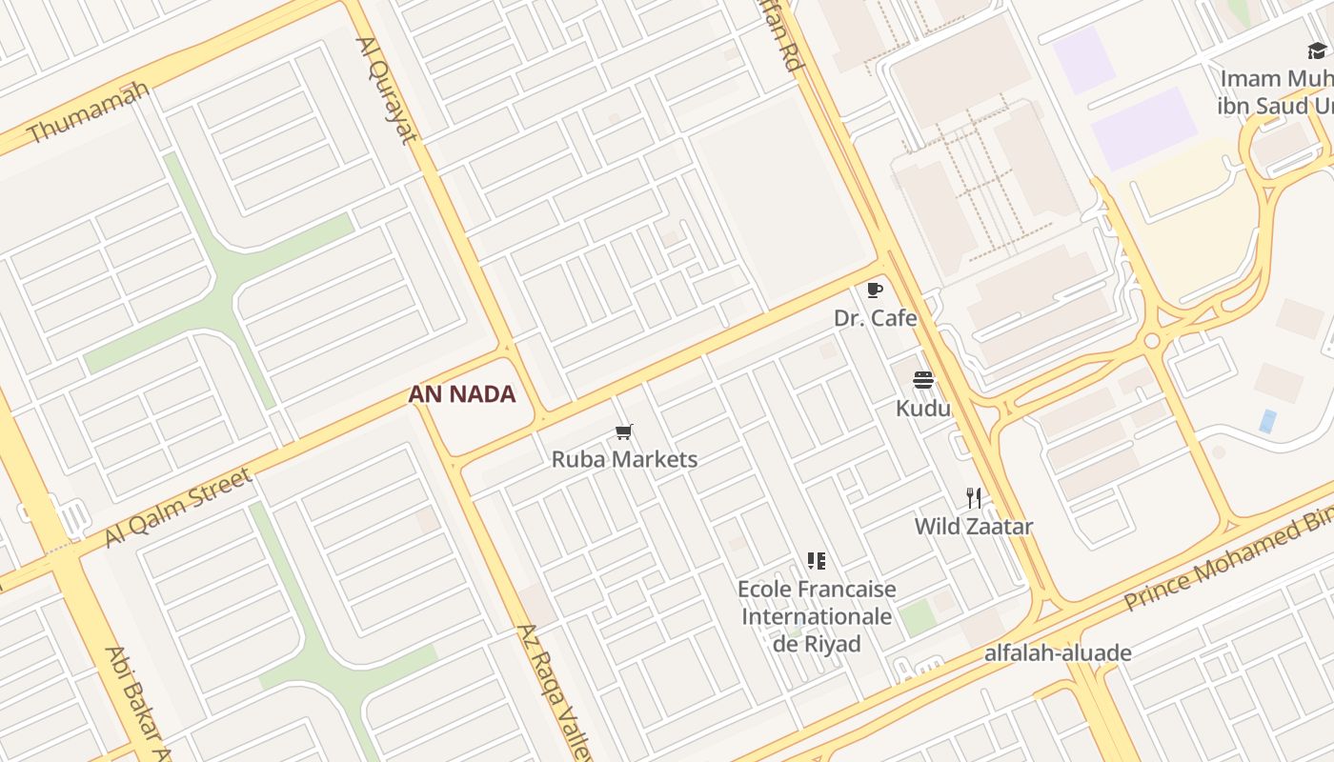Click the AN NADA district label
(462, 394)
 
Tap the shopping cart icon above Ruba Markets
(624, 432)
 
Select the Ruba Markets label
(624, 459)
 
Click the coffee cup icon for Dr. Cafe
(875, 290)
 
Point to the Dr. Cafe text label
(875, 318)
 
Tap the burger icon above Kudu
(922, 381)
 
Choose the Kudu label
(922, 409)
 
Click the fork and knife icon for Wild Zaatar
(973, 498)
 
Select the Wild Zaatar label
(973, 526)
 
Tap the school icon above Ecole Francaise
(816, 560)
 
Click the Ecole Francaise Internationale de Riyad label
(817, 616)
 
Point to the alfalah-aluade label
(1058, 653)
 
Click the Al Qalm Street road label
(177, 507)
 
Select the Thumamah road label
(89, 112)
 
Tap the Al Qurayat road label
(387, 90)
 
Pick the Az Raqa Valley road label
(555, 691)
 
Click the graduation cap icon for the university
(1317, 50)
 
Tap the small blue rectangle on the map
(1267, 421)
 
